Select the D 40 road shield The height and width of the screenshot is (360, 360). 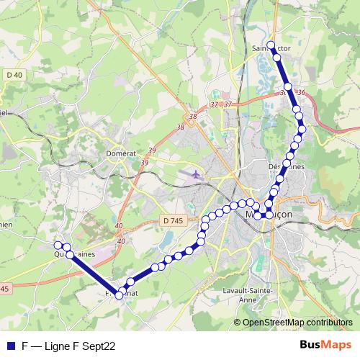click(13, 75)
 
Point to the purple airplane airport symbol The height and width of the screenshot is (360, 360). click(195, 174)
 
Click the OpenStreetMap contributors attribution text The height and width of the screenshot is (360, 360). click(297, 323)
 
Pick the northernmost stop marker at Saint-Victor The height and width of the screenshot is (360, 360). click(271, 45)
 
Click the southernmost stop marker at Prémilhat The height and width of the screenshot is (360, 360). click(120, 294)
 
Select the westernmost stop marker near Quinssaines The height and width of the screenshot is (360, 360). click(58, 246)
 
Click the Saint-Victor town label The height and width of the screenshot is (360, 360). click(272, 49)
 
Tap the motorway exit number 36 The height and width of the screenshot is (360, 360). click(301, 92)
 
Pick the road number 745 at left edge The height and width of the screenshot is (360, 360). click(4, 288)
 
